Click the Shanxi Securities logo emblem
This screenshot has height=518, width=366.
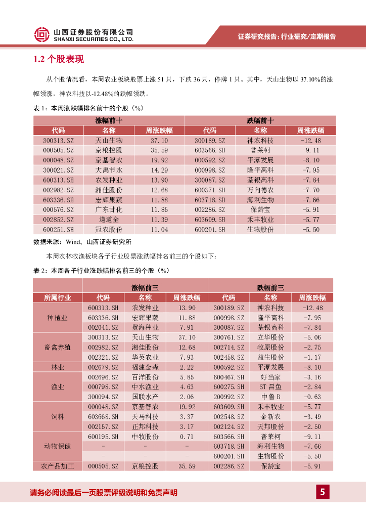click(42, 34)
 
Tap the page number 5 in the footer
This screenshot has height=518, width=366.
click(322, 492)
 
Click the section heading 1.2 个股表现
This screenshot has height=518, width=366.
click(58, 60)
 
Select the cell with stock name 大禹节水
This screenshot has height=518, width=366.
click(109, 170)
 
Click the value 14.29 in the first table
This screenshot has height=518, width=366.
click(159, 170)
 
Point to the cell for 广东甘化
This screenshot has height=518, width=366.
click(109, 209)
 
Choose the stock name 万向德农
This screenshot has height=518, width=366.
click(260, 190)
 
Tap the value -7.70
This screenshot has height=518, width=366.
click(310, 190)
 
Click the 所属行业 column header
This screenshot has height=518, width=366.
click(57, 297)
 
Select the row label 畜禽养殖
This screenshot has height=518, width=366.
click(57, 347)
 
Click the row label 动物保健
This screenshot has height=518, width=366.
click(57, 446)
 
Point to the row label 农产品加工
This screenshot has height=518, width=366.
click(57, 466)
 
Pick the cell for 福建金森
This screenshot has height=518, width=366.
click(145, 367)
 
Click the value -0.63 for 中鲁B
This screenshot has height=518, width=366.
click(311, 397)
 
